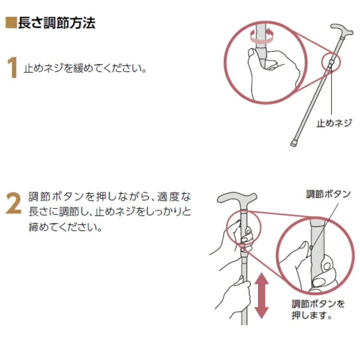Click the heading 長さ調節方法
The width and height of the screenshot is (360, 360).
coord(56,23)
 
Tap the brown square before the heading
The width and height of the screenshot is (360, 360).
coord(11,23)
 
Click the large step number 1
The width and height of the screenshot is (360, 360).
coord(12,68)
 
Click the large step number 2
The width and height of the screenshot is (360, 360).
coord(12,203)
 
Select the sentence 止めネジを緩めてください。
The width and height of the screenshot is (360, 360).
coord(85,67)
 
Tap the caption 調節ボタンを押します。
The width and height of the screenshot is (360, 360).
coord(318,309)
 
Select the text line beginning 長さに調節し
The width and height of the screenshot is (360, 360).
coord(109,211)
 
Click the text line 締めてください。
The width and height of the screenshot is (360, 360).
coord(65,227)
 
